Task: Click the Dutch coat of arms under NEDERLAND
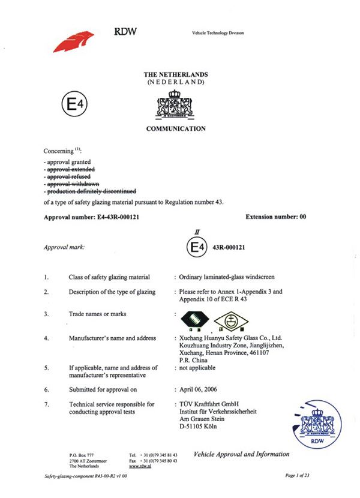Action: [176, 103]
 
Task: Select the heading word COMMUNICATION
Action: [176, 128]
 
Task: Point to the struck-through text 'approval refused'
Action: [68, 177]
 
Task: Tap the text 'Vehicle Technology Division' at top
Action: [218, 33]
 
